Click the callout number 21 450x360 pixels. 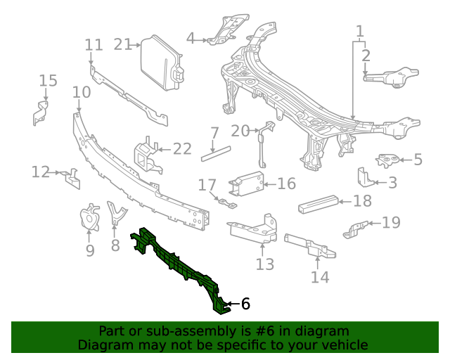click(x=122, y=44)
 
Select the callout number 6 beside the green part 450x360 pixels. click(x=245, y=304)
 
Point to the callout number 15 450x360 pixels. click(x=48, y=80)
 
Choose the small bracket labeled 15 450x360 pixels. click(x=40, y=112)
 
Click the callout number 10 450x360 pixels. click(x=82, y=92)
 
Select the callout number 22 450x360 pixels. click(x=182, y=148)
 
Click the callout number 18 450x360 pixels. click(x=362, y=202)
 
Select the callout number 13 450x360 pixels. click(x=264, y=264)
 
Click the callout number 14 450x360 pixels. click(x=319, y=277)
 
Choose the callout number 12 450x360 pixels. click(x=40, y=172)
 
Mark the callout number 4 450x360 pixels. click(x=191, y=38)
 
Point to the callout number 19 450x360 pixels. click(x=391, y=223)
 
